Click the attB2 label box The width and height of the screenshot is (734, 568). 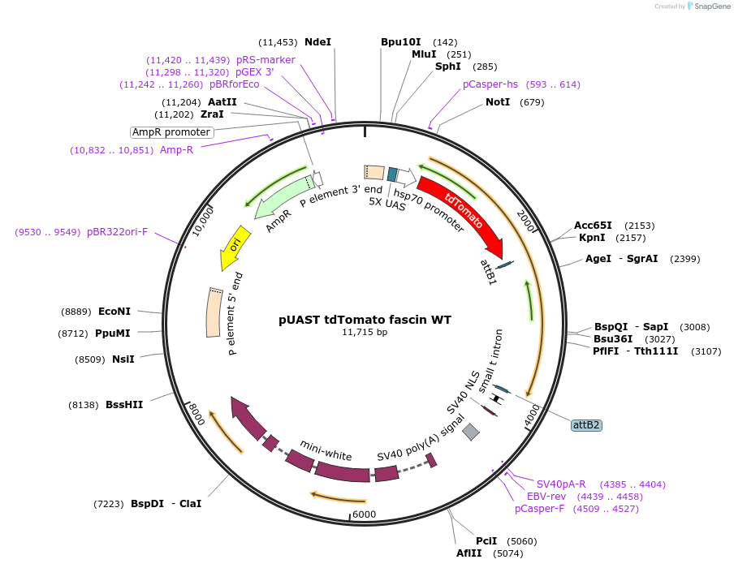(586, 424)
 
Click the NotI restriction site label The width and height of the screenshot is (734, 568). (498, 102)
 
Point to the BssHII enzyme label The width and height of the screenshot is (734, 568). (124, 404)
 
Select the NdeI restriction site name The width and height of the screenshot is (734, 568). (317, 42)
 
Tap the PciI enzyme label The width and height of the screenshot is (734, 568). (487, 540)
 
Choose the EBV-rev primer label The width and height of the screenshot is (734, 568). (546, 497)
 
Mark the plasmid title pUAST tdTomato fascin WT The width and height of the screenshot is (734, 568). (365, 320)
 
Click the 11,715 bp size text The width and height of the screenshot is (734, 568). (365, 333)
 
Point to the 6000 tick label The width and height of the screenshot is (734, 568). (365, 514)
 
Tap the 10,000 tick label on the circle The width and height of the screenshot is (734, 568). (202, 220)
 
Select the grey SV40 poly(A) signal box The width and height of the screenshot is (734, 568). (471, 432)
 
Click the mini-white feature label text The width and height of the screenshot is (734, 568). (326, 450)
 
